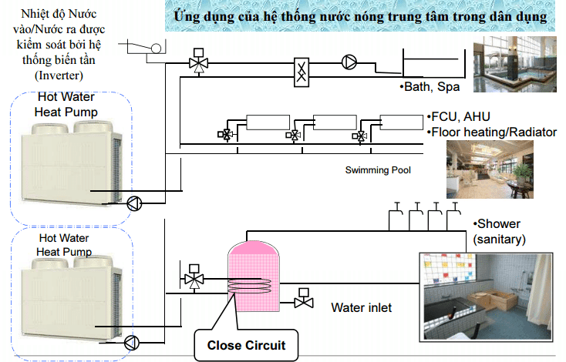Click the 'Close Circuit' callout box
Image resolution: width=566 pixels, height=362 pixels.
[246, 345]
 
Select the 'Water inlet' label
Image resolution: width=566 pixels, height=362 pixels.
[361, 308]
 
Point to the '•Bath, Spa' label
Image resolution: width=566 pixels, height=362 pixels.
[430, 87]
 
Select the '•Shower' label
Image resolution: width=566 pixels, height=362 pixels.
[497, 224]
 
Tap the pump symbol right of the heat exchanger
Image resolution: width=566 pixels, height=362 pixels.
[350, 62]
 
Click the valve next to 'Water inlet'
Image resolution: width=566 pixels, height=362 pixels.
[302, 299]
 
